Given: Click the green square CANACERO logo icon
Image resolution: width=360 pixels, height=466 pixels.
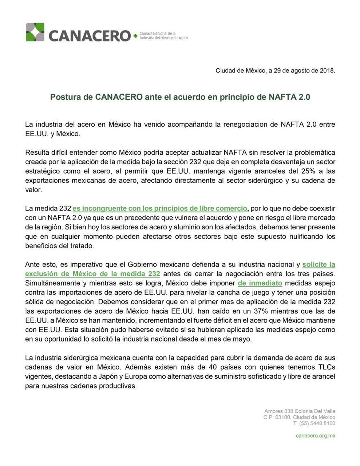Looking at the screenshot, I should pos(35,32).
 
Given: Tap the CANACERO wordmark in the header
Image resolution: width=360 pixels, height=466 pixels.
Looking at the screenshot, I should pos(89,36).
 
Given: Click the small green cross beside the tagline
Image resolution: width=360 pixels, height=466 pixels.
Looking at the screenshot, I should pos(135,36).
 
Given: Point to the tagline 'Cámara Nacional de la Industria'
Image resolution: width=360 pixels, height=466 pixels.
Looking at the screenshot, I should pos(164,35).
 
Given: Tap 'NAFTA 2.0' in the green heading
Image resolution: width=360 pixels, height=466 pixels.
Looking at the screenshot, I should pos(289,97).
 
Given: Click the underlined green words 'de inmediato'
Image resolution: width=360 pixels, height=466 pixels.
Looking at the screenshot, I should pos(260,283).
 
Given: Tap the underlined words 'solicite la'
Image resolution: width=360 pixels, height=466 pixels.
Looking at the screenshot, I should pos(319,264).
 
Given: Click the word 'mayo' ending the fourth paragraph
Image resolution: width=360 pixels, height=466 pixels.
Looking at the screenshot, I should pos(243,339).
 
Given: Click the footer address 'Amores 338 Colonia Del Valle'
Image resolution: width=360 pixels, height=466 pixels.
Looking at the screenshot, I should pos(300,411).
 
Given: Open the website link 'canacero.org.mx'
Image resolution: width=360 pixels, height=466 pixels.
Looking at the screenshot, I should pos(315,435).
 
